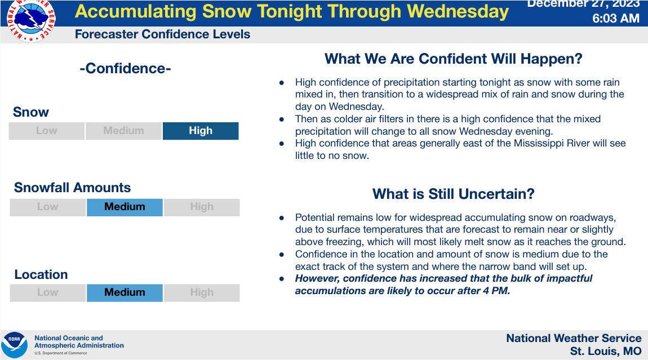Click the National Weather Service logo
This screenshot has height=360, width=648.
(31, 20)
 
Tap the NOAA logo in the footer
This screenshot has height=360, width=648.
(15, 345)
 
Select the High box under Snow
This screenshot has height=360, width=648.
(201, 131)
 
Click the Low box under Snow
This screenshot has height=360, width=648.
(47, 131)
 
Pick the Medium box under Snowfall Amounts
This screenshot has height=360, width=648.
(125, 207)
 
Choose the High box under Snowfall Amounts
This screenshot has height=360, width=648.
(202, 207)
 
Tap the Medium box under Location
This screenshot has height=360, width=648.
(125, 292)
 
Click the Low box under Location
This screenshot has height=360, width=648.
(48, 292)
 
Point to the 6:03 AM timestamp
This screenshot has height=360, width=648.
(616, 18)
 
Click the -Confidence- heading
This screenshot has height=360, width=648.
(125, 68)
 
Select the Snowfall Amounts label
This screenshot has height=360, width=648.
(72, 188)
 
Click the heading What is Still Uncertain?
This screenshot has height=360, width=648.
(454, 194)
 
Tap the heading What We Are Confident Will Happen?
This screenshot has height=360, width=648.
(454, 59)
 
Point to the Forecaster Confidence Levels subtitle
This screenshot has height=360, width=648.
(162, 34)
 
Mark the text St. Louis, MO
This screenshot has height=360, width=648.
(606, 352)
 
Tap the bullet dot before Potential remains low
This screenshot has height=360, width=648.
(282, 218)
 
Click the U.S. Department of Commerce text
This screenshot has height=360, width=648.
(61, 353)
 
